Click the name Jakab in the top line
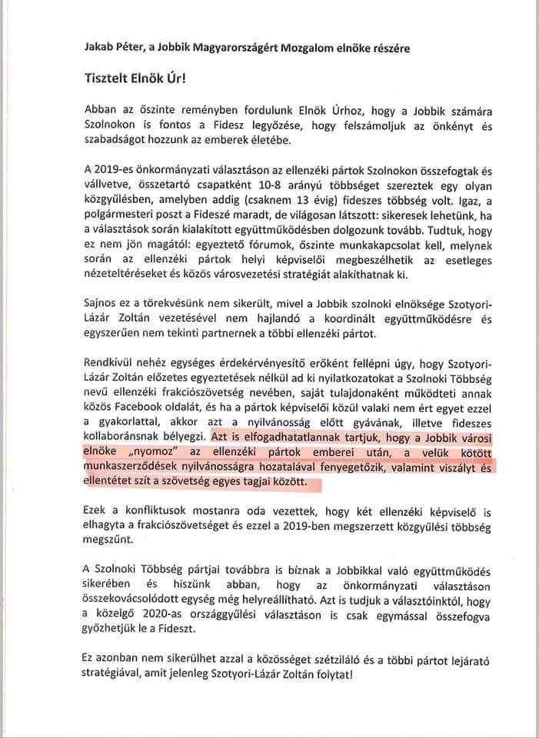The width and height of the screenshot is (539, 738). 99,48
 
